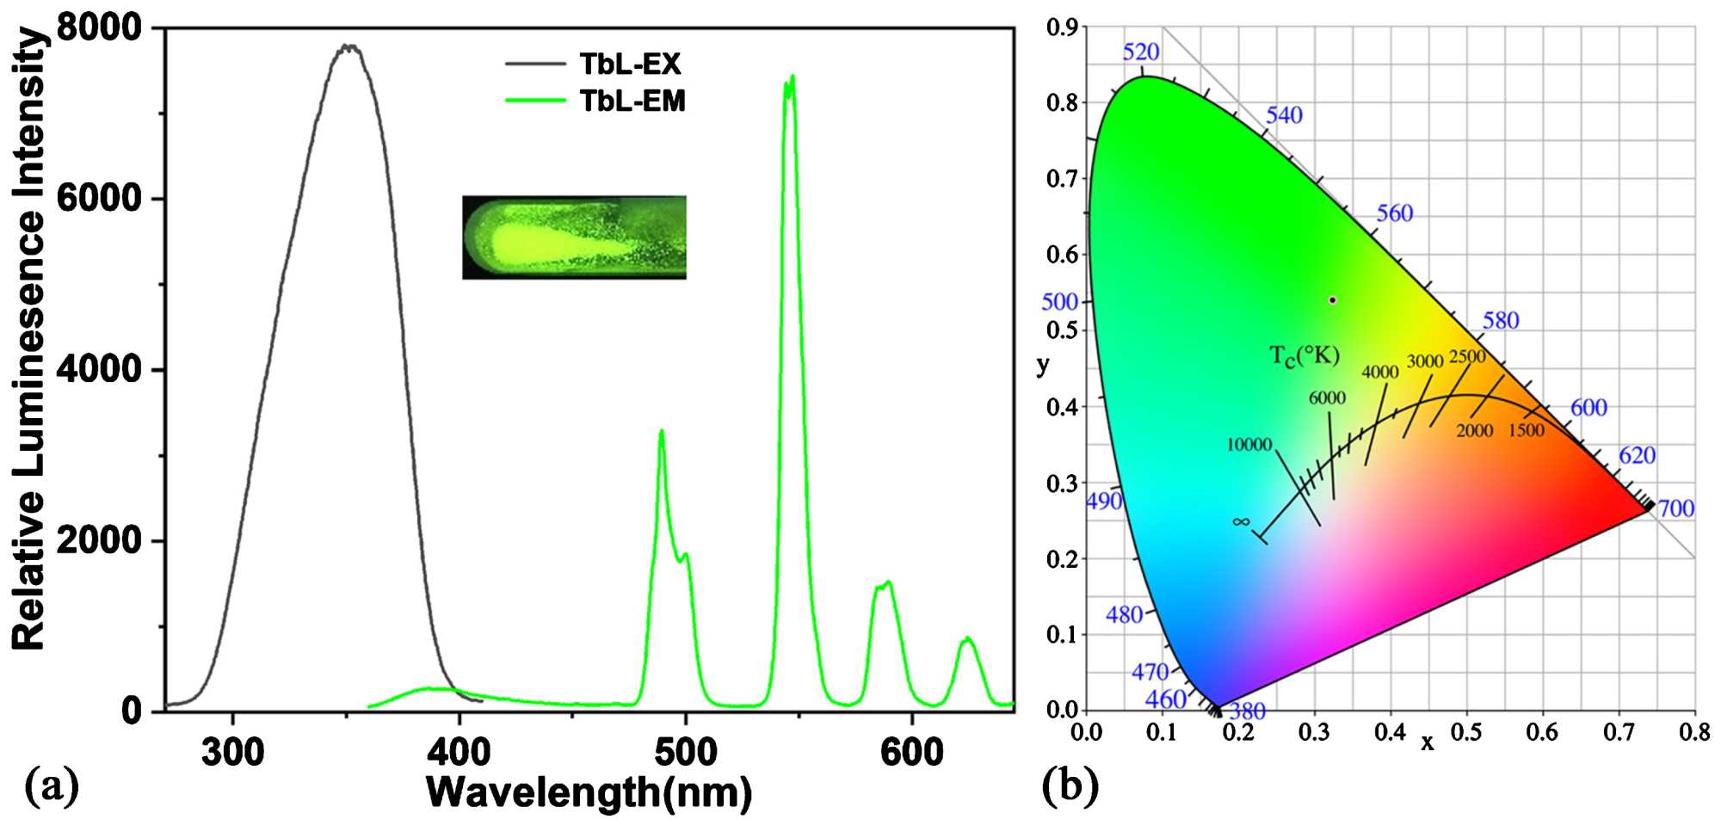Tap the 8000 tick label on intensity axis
(99, 28)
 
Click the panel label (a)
(52, 785)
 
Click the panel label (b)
(1069, 785)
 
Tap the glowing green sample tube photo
(574, 237)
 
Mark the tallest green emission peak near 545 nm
(789, 80)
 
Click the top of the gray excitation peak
(348, 47)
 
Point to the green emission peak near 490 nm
(662, 432)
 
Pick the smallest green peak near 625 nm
(967, 639)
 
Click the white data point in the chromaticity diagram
(1332, 300)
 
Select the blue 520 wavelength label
(1141, 52)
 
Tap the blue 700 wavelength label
(1676, 508)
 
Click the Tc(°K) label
(1305, 354)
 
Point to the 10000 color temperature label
(1249, 445)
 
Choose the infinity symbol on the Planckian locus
(1240, 521)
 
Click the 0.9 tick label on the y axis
(1061, 28)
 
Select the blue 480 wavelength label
(1124, 615)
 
